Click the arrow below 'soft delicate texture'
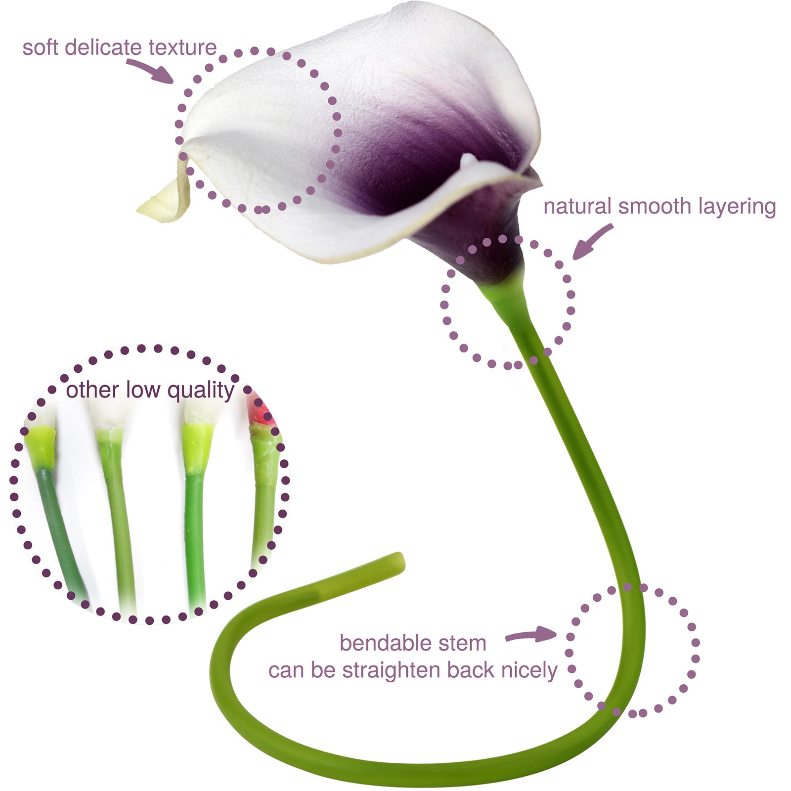(151, 71)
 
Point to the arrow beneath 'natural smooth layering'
(593, 242)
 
